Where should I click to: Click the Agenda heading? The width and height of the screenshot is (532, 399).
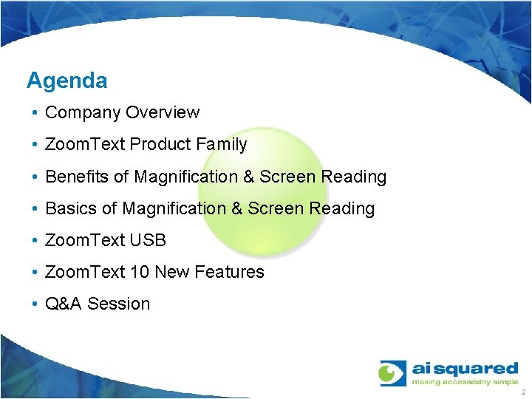(x=66, y=81)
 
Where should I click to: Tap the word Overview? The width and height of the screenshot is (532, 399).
(x=163, y=113)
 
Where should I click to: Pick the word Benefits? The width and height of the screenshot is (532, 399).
(x=77, y=177)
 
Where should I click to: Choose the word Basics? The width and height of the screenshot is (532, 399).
(x=71, y=208)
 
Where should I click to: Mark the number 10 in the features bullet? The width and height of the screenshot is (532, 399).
(x=139, y=272)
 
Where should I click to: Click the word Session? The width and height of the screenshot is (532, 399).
(x=119, y=304)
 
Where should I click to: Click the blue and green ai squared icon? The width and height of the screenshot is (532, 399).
(x=392, y=374)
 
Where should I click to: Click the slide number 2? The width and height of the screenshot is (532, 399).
(x=522, y=393)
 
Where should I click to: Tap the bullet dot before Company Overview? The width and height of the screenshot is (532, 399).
(x=35, y=113)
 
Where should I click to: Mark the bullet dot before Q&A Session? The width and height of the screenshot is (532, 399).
(x=35, y=304)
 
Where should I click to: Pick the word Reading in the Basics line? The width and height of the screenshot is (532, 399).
(x=342, y=208)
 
